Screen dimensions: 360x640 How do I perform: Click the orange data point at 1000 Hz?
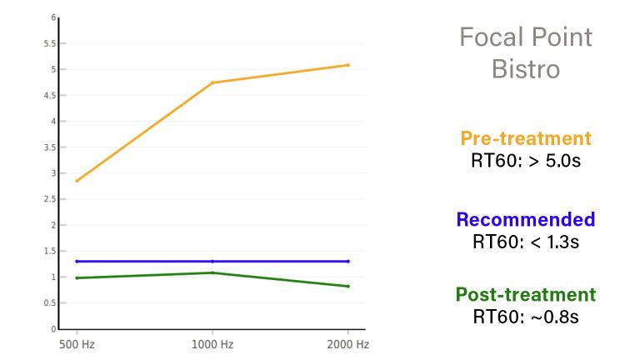[212, 82]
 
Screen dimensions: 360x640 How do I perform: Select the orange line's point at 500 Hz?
[77, 181]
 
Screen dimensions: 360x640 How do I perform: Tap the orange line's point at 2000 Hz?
[347, 65]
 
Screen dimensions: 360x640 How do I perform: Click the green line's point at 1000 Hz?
[212, 272]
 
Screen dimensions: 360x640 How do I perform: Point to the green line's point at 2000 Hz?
[347, 287]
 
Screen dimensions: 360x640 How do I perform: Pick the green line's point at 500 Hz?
[77, 277]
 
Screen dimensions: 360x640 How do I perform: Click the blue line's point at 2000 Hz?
[347, 261]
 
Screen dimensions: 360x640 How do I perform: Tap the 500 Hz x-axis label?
[76, 343]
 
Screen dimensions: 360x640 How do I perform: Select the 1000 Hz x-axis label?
[212, 343]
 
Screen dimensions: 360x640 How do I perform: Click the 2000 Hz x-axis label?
[347, 343]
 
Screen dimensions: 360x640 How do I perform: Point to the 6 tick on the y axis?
[53, 17]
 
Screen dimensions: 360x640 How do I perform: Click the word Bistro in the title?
[525, 68]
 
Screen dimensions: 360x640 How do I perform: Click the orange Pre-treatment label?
[525, 138]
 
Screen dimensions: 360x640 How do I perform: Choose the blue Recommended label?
[525, 220]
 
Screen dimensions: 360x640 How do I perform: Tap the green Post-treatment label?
[525, 295]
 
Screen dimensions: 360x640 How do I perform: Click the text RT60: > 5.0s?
[525, 160]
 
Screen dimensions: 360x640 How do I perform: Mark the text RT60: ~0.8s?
[525, 317]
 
